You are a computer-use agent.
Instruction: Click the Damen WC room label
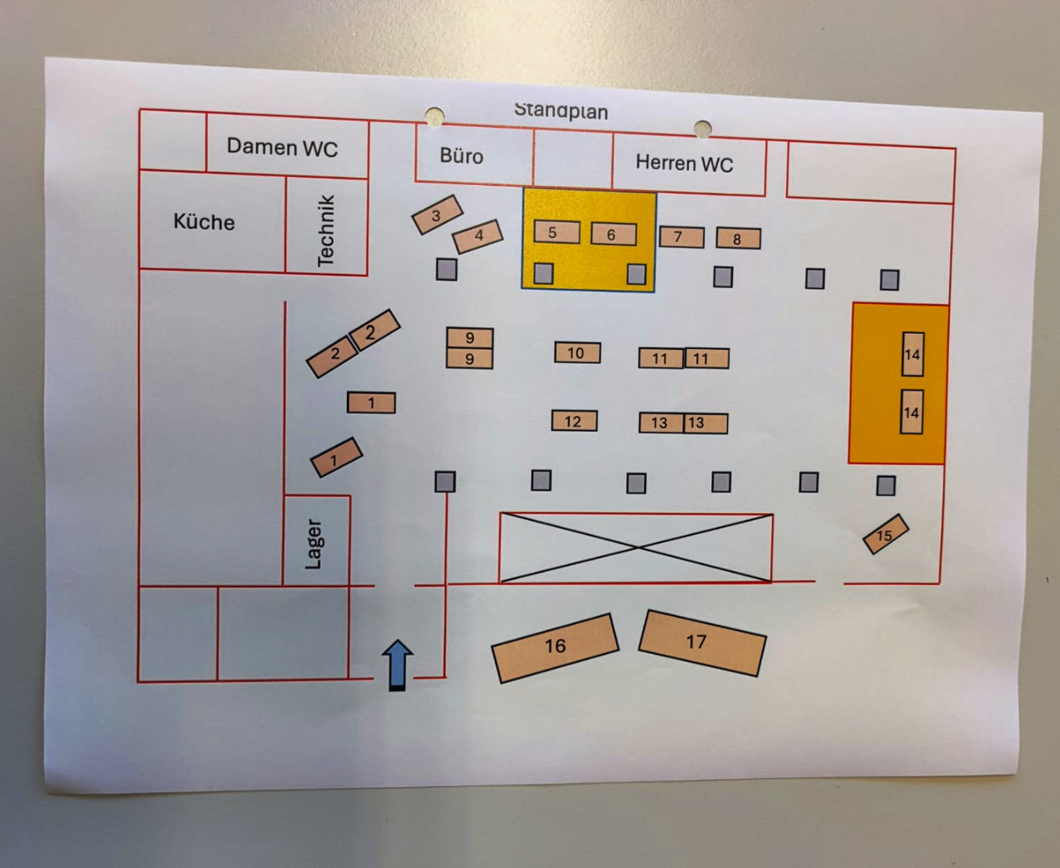tap(282, 147)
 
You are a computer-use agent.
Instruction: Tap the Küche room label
tap(204, 222)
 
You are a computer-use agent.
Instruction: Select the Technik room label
tap(325, 231)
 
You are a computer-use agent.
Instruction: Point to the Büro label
tap(461, 156)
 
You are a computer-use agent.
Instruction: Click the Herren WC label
tap(684, 163)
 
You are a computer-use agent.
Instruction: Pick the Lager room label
tap(314, 544)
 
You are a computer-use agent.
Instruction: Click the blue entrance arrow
tap(398, 664)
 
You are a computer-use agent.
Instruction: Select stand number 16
tap(555, 647)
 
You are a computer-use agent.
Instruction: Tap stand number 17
tap(702, 642)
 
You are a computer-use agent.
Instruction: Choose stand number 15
tap(885, 535)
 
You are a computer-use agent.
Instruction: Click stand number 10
tap(576, 353)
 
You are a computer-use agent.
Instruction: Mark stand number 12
tap(574, 422)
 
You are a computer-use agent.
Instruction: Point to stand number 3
tap(437, 215)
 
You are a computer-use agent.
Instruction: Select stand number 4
tap(478, 236)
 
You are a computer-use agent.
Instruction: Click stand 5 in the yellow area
tap(556, 232)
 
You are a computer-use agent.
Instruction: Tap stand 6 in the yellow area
tap(613, 234)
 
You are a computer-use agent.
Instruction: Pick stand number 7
tap(681, 237)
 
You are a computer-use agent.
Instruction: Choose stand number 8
tap(738, 239)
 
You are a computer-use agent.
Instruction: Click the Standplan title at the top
tap(561, 110)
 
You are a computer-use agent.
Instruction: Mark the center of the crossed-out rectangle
tap(636, 547)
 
